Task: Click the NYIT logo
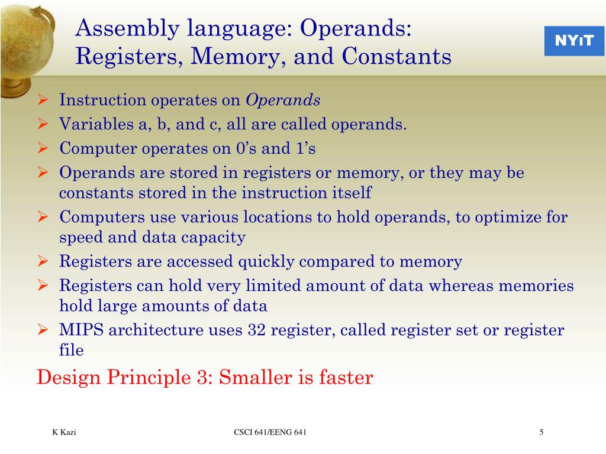(574, 41)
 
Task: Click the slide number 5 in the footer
(541, 433)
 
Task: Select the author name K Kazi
(64, 433)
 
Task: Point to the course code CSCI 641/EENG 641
(270, 433)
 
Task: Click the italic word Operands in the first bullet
(283, 100)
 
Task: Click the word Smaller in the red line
(253, 377)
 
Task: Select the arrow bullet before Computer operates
(43, 148)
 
